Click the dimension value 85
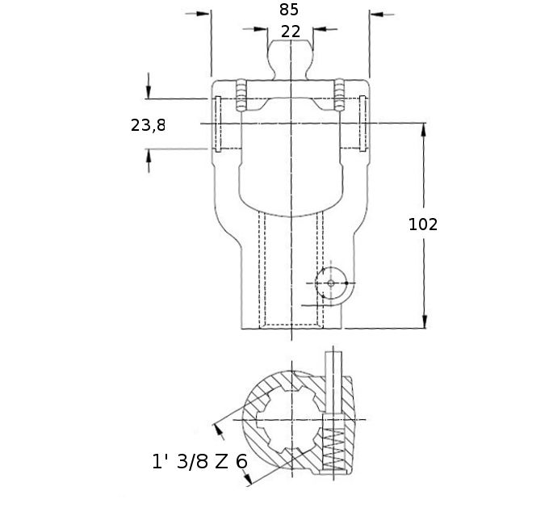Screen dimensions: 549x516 point(289,10)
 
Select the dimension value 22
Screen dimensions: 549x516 point(291,31)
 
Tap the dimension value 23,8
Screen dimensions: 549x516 point(148,125)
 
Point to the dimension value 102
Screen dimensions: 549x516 point(423,224)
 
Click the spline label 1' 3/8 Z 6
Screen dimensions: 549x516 point(200,461)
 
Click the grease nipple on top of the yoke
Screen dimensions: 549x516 point(291,60)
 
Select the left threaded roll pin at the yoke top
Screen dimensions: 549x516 point(241,95)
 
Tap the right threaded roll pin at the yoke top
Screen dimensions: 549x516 point(339,95)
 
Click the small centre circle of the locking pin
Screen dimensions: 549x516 point(331,283)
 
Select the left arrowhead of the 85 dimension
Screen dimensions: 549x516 point(203,14)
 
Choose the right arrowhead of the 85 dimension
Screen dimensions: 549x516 point(377,15)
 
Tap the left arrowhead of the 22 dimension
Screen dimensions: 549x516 point(261,29)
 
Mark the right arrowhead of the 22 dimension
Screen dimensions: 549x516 point(321,29)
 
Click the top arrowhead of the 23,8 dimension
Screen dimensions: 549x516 point(149,92)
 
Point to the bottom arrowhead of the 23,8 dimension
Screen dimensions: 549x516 point(149,156)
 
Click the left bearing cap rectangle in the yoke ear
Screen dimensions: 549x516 point(218,124)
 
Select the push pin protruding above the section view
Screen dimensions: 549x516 point(333,382)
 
